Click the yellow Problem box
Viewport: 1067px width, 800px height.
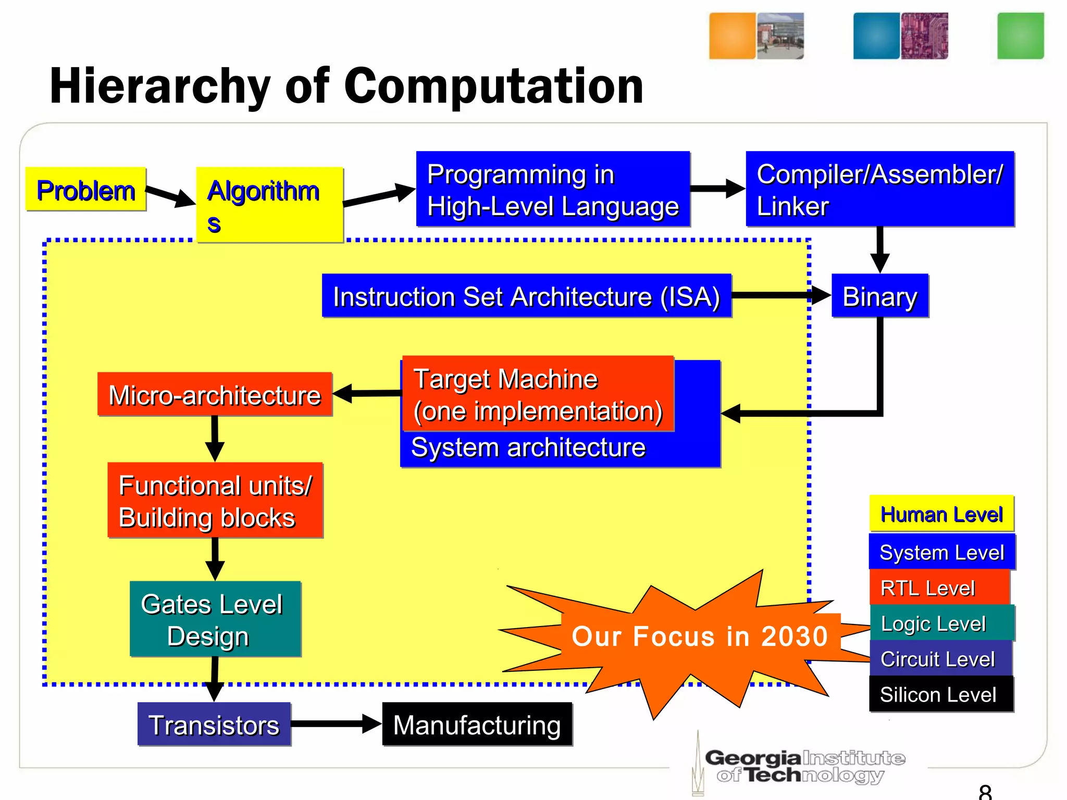point(86,190)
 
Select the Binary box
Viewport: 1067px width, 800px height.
point(880,296)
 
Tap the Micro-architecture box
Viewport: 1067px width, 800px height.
point(215,395)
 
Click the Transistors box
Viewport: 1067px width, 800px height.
point(214,724)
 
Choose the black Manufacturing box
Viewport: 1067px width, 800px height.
point(477,724)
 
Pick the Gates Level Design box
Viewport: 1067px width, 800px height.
point(215,619)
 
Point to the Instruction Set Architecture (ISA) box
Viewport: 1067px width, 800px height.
point(526,296)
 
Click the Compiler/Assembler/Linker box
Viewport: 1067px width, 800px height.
point(880,189)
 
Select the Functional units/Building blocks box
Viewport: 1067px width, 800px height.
point(215,501)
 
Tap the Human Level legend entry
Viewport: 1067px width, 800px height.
point(941,514)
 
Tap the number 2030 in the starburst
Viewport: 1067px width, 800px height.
point(794,636)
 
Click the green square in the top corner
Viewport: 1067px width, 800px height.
point(1020,36)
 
